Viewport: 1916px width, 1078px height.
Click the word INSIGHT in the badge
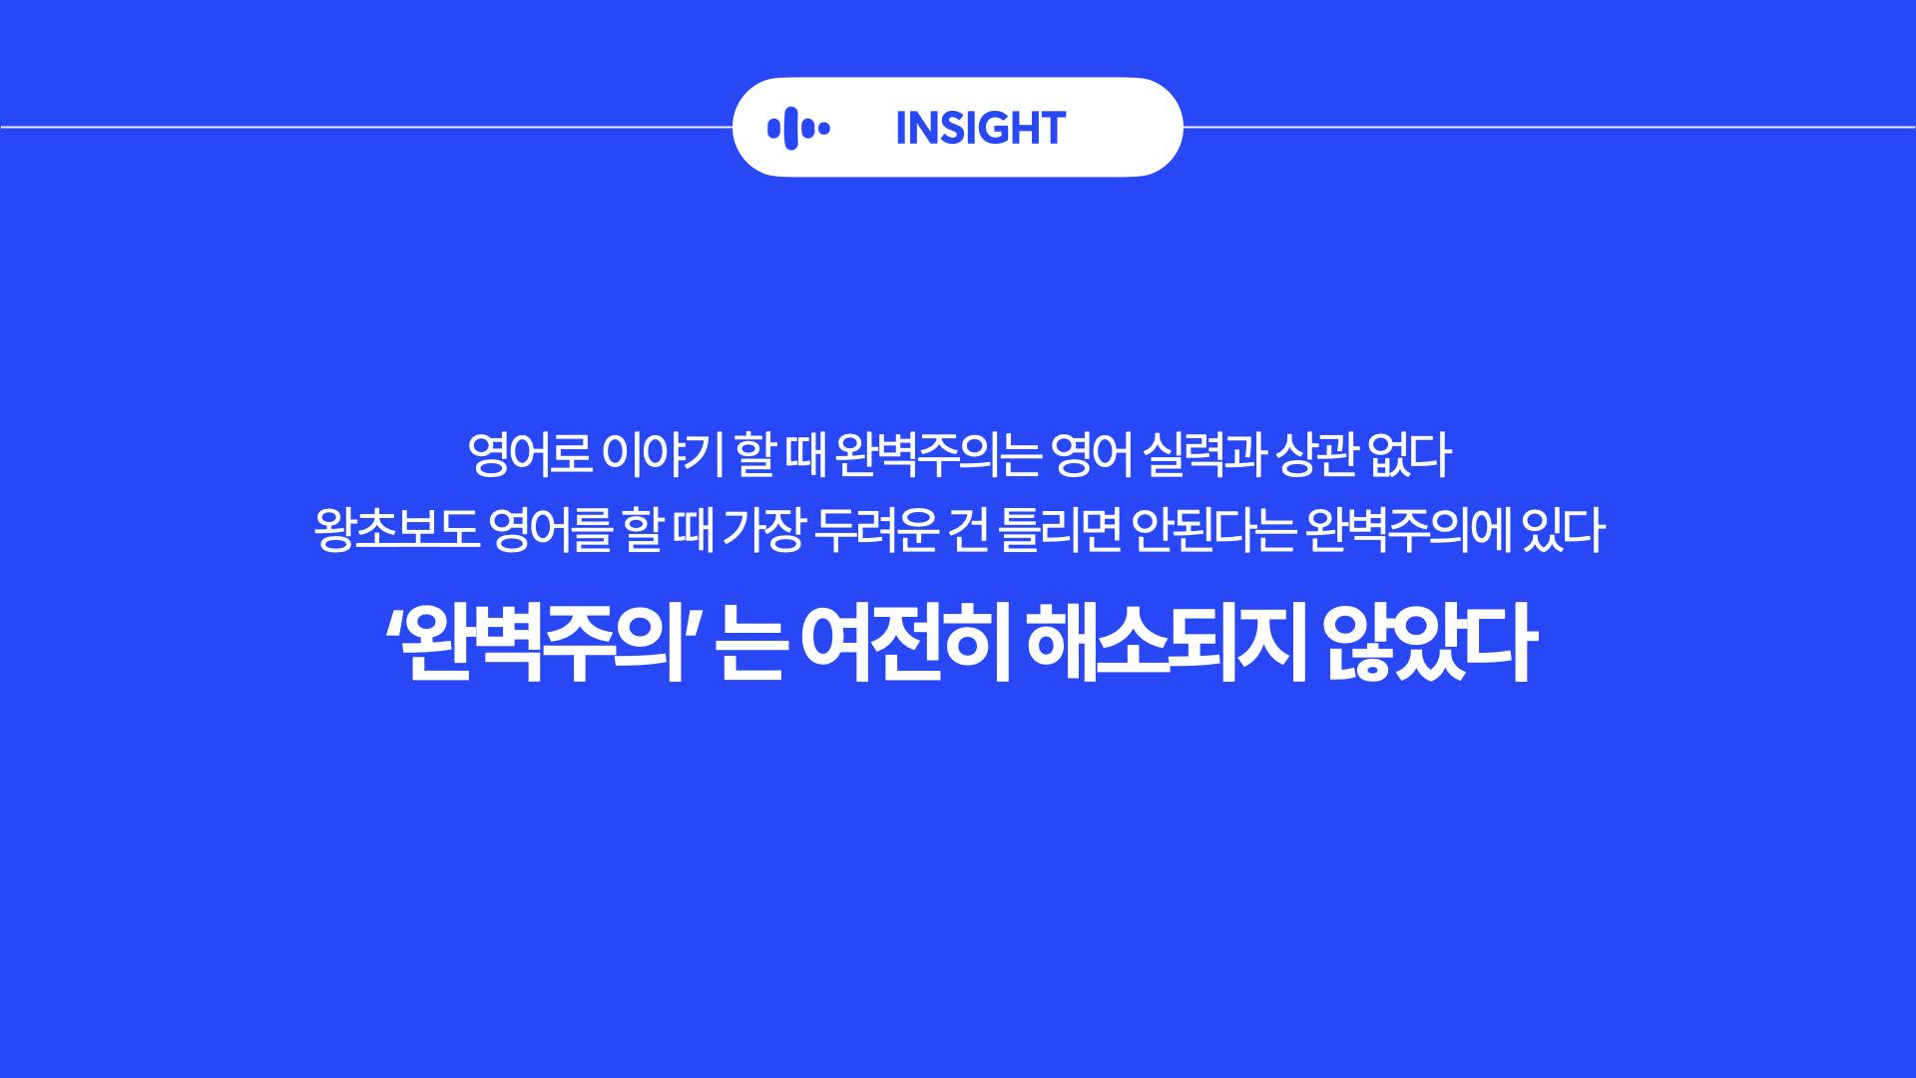980,128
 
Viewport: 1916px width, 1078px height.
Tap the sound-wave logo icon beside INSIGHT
798,128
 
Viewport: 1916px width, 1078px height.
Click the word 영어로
530,454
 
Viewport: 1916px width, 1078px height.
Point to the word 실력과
1203,454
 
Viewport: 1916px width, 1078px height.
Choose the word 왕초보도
397,530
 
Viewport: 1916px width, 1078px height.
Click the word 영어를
550,530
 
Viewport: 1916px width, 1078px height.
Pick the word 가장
762,530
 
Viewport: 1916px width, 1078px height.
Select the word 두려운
875,530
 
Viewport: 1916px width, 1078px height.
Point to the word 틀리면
1060,530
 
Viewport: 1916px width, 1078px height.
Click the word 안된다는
1213,530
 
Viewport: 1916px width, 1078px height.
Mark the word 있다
1563,530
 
